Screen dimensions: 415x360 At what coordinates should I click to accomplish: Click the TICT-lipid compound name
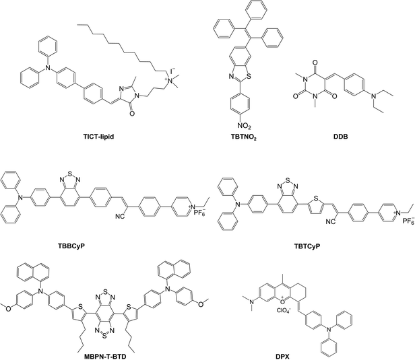[98, 137]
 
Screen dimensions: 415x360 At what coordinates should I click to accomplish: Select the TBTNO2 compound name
[244, 137]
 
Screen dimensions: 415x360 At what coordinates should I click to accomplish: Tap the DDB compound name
[341, 137]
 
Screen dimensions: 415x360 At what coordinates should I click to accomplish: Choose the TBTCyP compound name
[307, 246]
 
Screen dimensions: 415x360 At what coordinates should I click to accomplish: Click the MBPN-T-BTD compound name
[105, 357]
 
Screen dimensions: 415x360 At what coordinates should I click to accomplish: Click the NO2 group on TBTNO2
[244, 126]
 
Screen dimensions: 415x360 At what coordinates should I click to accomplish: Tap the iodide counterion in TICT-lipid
[172, 71]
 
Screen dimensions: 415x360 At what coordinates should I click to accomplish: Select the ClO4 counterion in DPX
[284, 310]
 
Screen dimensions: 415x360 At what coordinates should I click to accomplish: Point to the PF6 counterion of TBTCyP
[408, 220]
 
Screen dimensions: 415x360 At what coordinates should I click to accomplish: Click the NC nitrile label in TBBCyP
[119, 217]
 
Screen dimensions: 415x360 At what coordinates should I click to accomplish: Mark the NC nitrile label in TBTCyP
[330, 221]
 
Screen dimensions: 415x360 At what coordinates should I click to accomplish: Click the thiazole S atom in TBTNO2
[249, 77]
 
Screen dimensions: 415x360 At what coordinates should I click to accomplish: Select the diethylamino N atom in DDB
[374, 97]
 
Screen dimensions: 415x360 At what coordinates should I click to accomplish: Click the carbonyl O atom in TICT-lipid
[132, 114]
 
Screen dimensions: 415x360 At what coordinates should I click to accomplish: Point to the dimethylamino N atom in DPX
[252, 301]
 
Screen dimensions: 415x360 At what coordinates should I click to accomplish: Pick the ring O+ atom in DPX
[283, 301]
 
